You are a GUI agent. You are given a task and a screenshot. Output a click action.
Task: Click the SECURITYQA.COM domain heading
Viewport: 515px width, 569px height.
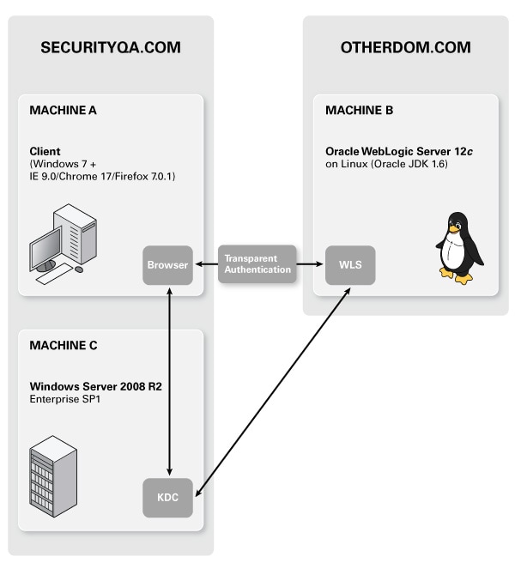click(x=111, y=48)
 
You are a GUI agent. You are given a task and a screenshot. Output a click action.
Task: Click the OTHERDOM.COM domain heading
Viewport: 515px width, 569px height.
click(x=405, y=48)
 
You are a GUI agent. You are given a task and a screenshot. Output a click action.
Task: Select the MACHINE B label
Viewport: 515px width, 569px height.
click(x=360, y=110)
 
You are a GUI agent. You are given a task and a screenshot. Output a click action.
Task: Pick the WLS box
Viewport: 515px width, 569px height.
click(x=350, y=265)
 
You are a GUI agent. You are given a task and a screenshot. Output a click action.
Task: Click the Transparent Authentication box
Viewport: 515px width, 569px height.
click(x=257, y=264)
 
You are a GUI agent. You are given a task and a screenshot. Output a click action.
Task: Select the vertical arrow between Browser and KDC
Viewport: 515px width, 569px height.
click(x=171, y=382)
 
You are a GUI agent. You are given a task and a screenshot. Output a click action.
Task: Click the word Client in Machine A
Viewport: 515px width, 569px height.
click(x=45, y=151)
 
